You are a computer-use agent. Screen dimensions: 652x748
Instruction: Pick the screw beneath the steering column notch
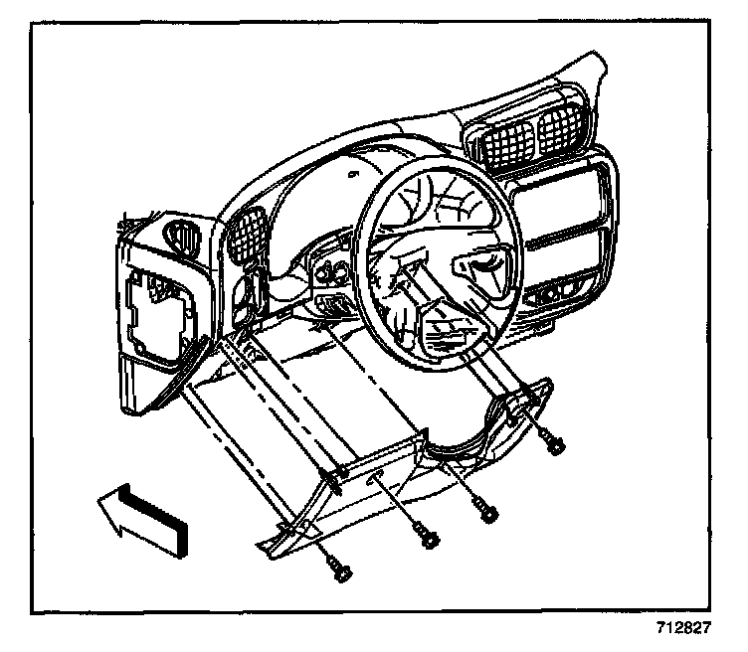pyautogui.click(x=487, y=511)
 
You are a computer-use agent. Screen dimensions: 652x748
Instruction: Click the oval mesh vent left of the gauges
pyautogui.click(x=244, y=234)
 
